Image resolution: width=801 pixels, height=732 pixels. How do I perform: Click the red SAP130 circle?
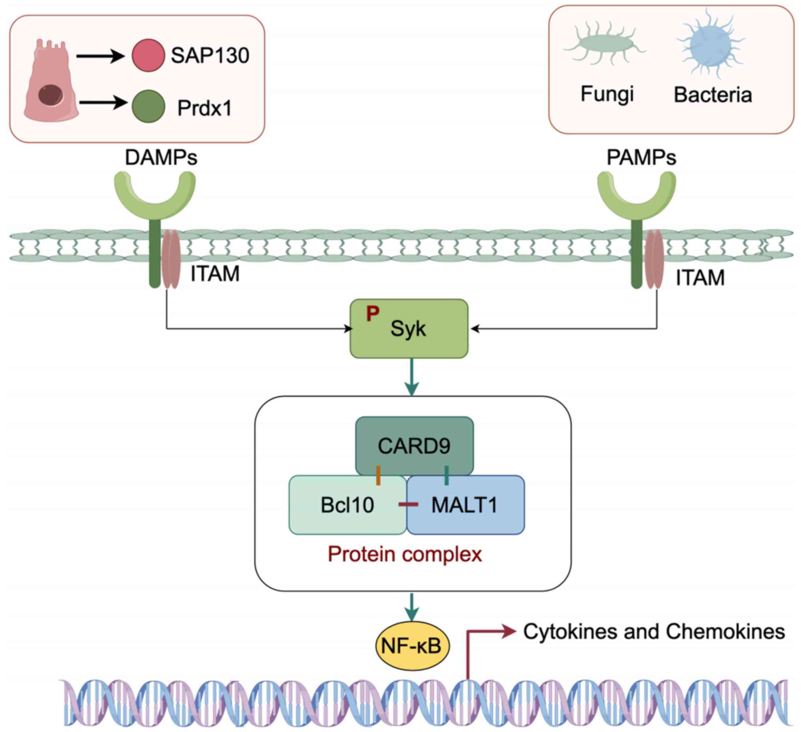click(x=148, y=55)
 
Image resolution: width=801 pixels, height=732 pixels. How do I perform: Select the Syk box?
click(x=409, y=329)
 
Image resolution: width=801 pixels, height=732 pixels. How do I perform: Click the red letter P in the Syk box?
click(x=373, y=314)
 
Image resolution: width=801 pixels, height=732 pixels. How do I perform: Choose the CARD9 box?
click(x=414, y=446)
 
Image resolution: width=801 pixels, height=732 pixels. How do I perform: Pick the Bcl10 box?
click(x=347, y=505)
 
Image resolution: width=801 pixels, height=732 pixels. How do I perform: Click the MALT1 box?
click(x=465, y=505)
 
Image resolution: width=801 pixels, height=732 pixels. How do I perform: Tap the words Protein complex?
click(x=405, y=554)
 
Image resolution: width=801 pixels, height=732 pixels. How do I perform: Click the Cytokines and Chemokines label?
click(x=654, y=631)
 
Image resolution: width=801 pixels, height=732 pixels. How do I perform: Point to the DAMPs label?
click(x=161, y=158)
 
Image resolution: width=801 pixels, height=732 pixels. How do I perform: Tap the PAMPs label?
click(x=641, y=158)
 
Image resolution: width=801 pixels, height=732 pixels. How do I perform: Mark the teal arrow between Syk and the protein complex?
click(x=412, y=377)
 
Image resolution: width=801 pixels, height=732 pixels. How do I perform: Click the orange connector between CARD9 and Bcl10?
click(x=378, y=475)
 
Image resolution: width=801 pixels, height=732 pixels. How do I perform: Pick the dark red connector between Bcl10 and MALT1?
click(x=408, y=505)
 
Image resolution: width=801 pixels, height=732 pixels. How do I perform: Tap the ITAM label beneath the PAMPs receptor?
click(x=700, y=278)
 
